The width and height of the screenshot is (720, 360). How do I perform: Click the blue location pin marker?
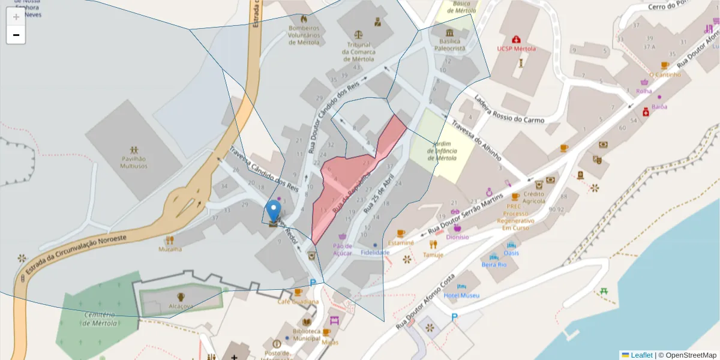coord(274,212)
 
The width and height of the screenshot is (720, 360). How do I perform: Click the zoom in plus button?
coord(16,17)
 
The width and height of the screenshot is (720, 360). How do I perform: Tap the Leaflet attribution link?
coord(641,355)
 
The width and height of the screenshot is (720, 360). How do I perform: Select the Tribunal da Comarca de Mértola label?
coord(359,52)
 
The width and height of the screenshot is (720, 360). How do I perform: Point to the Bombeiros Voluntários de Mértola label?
coord(304,35)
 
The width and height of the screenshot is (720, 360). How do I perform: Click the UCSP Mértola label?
coord(516,49)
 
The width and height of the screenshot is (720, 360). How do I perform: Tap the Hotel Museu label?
coord(461,296)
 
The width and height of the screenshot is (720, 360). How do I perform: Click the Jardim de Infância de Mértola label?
coord(442,151)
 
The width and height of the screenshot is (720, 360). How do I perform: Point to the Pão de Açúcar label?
coord(343,249)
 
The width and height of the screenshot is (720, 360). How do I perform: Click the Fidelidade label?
coord(375,253)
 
